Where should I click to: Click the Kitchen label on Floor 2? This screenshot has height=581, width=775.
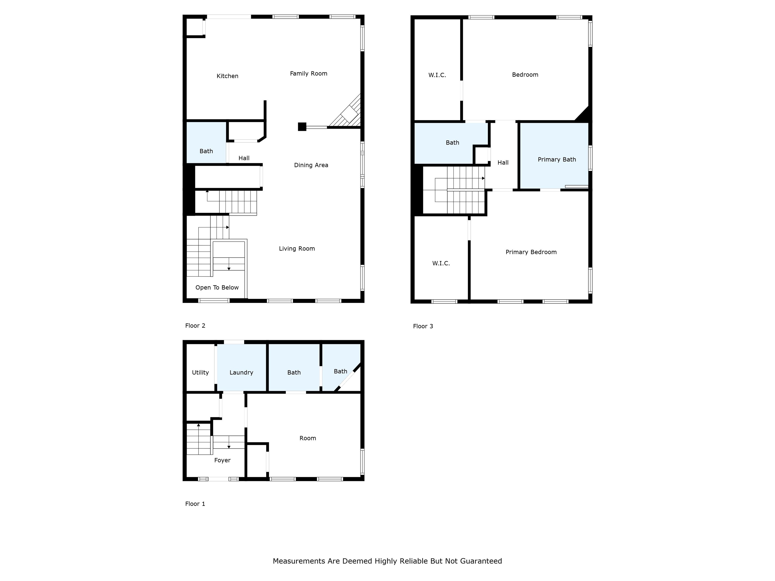(227, 76)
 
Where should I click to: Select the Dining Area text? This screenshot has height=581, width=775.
(311, 165)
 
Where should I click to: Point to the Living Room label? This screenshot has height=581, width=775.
(297, 249)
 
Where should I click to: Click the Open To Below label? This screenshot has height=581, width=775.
(217, 287)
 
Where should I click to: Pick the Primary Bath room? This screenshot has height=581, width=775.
(554, 156)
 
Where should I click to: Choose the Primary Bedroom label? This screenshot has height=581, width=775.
(531, 252)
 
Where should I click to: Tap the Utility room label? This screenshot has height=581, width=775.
(200, 373)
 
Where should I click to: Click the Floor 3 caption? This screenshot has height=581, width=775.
(423, 326)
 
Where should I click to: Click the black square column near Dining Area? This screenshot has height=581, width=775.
(302, 126)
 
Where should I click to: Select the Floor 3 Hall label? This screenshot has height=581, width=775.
(503, 162)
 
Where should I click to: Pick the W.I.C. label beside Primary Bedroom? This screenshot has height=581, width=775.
(441, 263)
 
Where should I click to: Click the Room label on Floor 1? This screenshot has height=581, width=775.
(308, 438)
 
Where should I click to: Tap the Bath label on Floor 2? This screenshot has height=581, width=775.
(206, 151)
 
